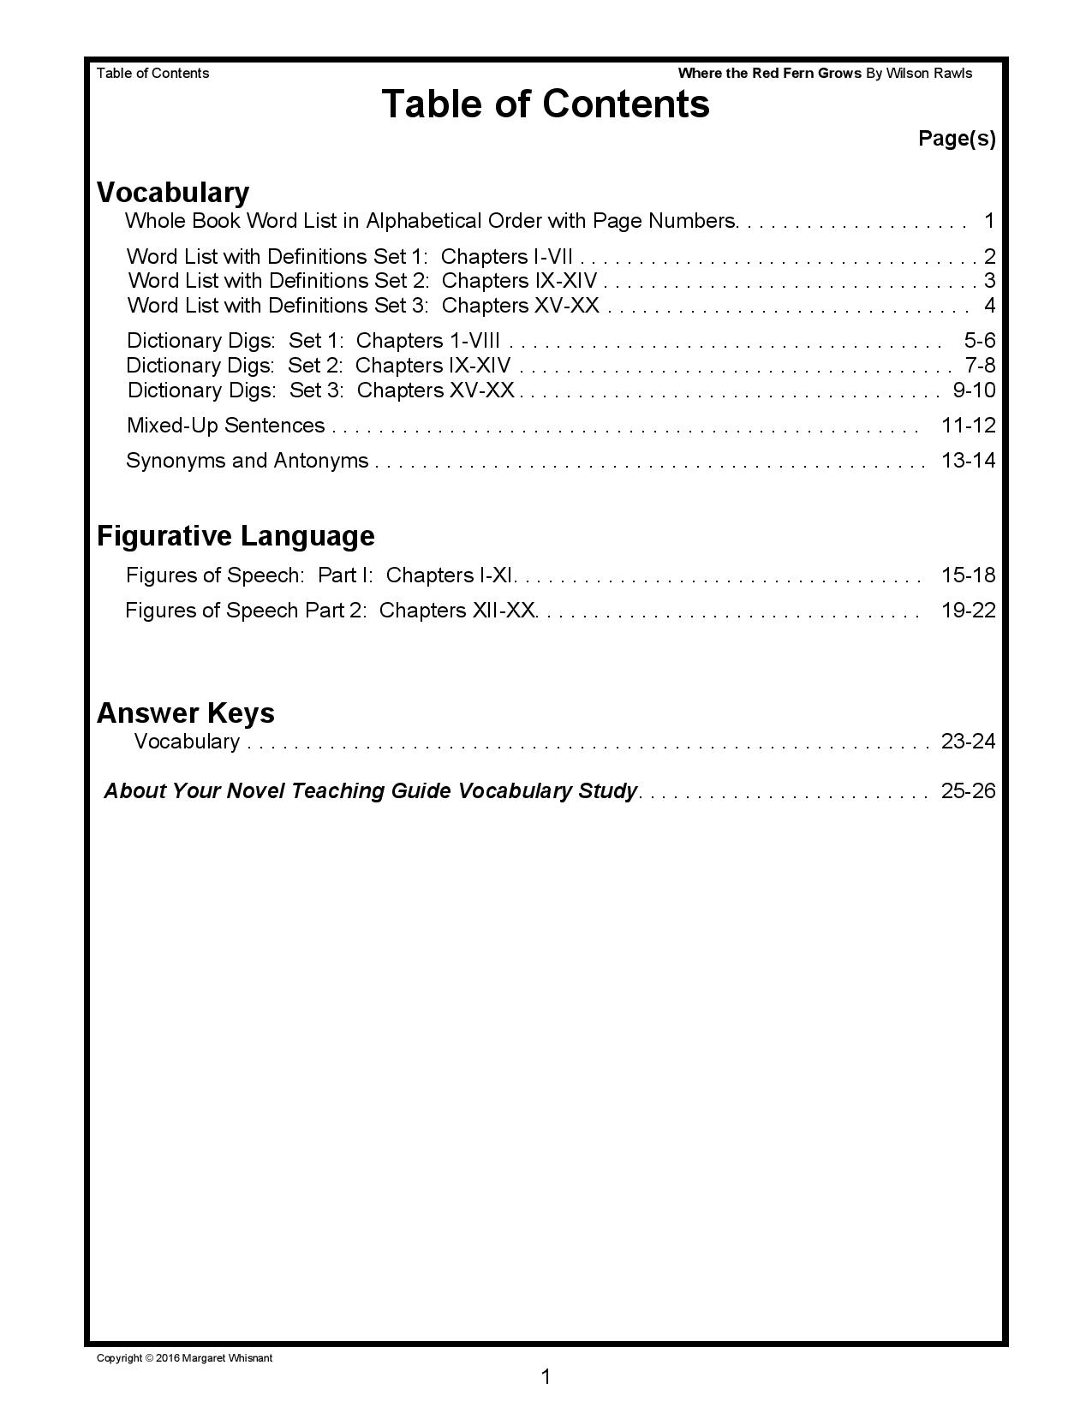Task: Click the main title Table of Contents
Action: [546, 104]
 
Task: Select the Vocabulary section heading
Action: [173, 192]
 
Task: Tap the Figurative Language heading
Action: [236, 535]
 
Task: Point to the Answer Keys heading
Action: [185, 712]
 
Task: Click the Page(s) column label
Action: [957, 138]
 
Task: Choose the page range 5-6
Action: [979, 341]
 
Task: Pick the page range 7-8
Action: [980, 366]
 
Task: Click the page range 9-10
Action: [974, 391]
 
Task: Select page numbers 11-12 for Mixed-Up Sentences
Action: [968, 426]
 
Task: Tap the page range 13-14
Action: [968, 461]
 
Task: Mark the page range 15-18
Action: [968, 575]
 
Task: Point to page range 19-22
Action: [968, 611]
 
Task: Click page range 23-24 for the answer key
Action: [968, 742]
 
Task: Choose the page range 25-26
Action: [968, 790]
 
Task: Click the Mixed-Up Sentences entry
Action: [225, 426]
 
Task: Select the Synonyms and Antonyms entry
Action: [247, 461]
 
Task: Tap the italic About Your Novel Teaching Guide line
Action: [370, 790]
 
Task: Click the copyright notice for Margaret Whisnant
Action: [184, 1358]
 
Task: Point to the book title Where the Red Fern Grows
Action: [769, 74]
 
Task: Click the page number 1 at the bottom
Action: [546, 1377]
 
